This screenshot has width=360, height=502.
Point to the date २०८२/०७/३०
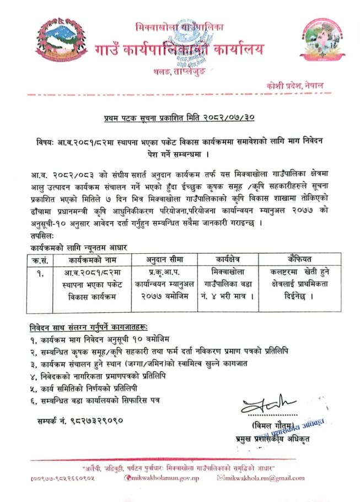(224, 118)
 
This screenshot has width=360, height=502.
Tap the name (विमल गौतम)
(264, 425)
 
